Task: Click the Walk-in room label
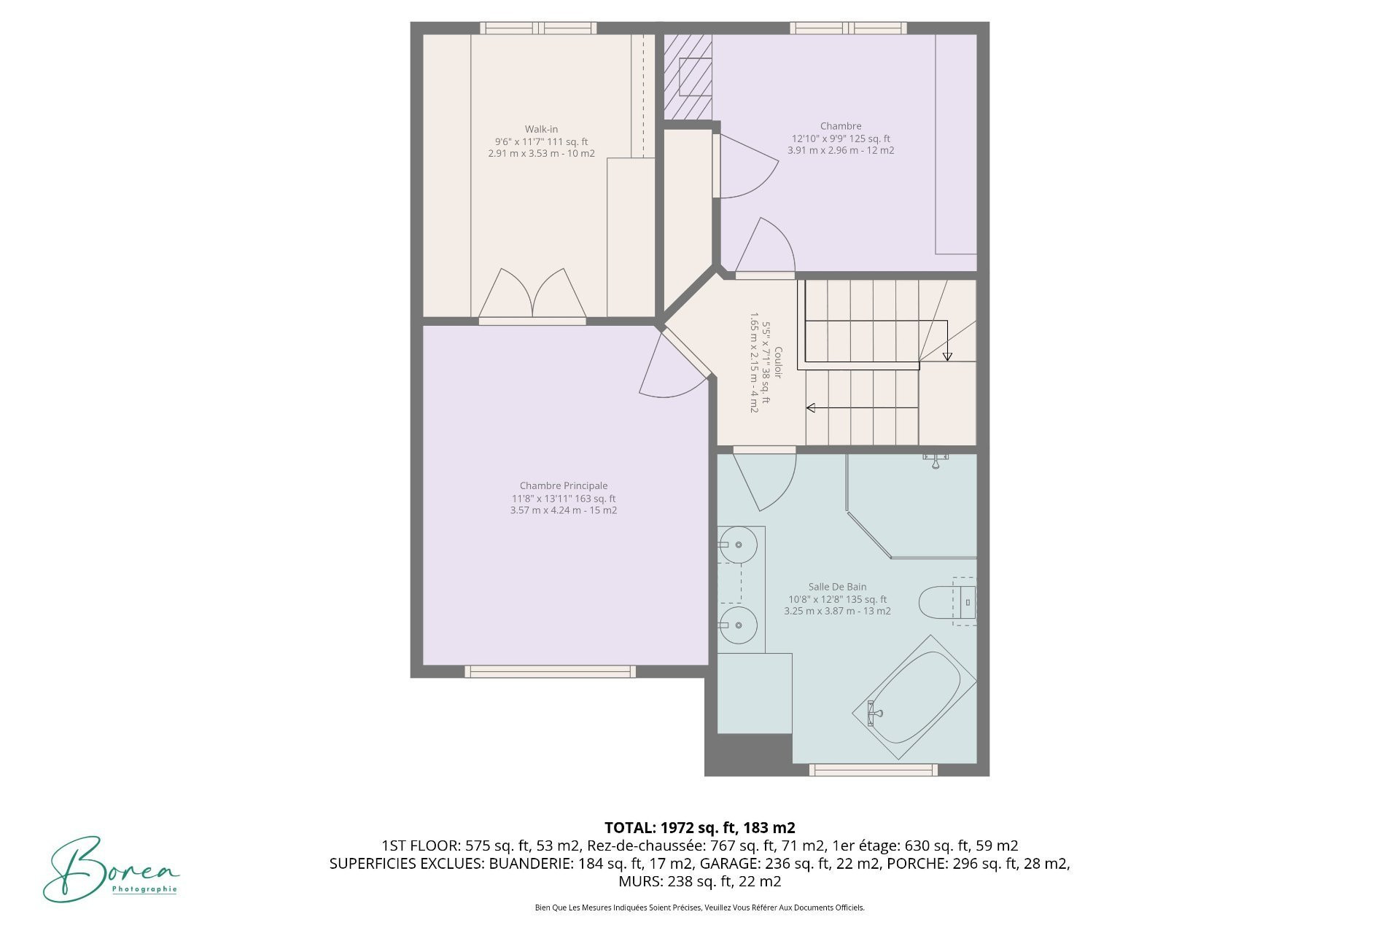[x=541, y=129]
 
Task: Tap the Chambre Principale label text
[x=564, y=485]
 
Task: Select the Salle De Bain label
[x=837, y=587]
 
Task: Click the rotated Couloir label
[x=778, y=362]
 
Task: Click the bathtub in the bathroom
[x=916, y=698]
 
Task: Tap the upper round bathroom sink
[x=737, y=544]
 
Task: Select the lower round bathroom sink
[x=737, y=625]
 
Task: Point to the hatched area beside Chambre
[x=688, y=77]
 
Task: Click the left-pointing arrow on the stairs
[x=861, y=408]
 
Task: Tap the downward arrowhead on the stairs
[x=947, y=356]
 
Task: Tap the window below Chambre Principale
[x=550, y=671]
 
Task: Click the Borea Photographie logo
[x=111, y=869]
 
